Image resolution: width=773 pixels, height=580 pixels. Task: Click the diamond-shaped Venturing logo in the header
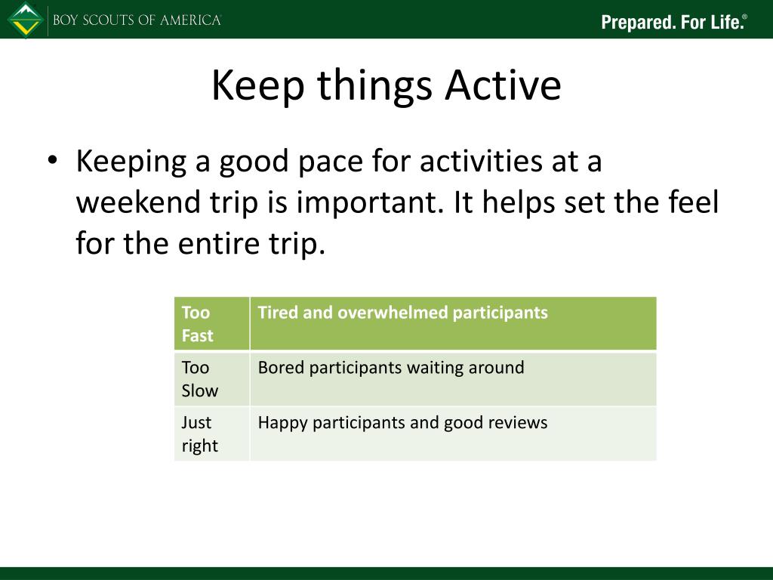(x=26, y=20)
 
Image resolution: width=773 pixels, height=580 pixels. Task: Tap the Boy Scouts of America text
(x=137, y=20)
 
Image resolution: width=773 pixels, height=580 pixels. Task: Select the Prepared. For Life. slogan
(x=674, y=22)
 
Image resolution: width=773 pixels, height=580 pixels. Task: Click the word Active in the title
(x=503, y=85)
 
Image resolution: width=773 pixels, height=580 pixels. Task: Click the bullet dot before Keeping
(x=53, y=160)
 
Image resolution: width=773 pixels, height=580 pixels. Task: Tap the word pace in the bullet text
(x=331, y=162)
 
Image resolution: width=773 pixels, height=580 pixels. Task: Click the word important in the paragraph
(x=367, y=203)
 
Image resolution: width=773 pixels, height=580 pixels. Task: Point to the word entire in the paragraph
(x=218, y=243)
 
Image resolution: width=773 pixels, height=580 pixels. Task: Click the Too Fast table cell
(x=212, y=323)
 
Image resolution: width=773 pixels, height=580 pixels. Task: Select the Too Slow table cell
(x=212, y=379)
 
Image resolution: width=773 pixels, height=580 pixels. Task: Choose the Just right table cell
(x=212, y=433)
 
